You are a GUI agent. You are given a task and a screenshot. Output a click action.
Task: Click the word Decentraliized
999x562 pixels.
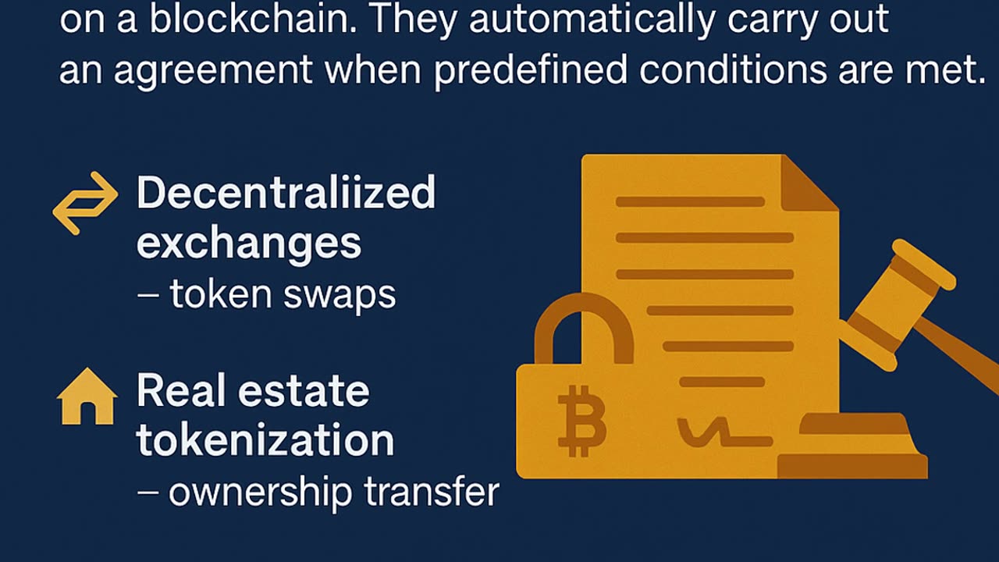(286, 193)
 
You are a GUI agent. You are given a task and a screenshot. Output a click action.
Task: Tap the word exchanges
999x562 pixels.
(249, 244)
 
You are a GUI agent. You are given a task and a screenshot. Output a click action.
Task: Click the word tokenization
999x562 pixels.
(265, 440)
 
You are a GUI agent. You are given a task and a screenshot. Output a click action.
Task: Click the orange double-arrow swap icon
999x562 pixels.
(85, 202)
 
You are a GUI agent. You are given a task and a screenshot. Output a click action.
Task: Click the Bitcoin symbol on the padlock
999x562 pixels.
(581, 419)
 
